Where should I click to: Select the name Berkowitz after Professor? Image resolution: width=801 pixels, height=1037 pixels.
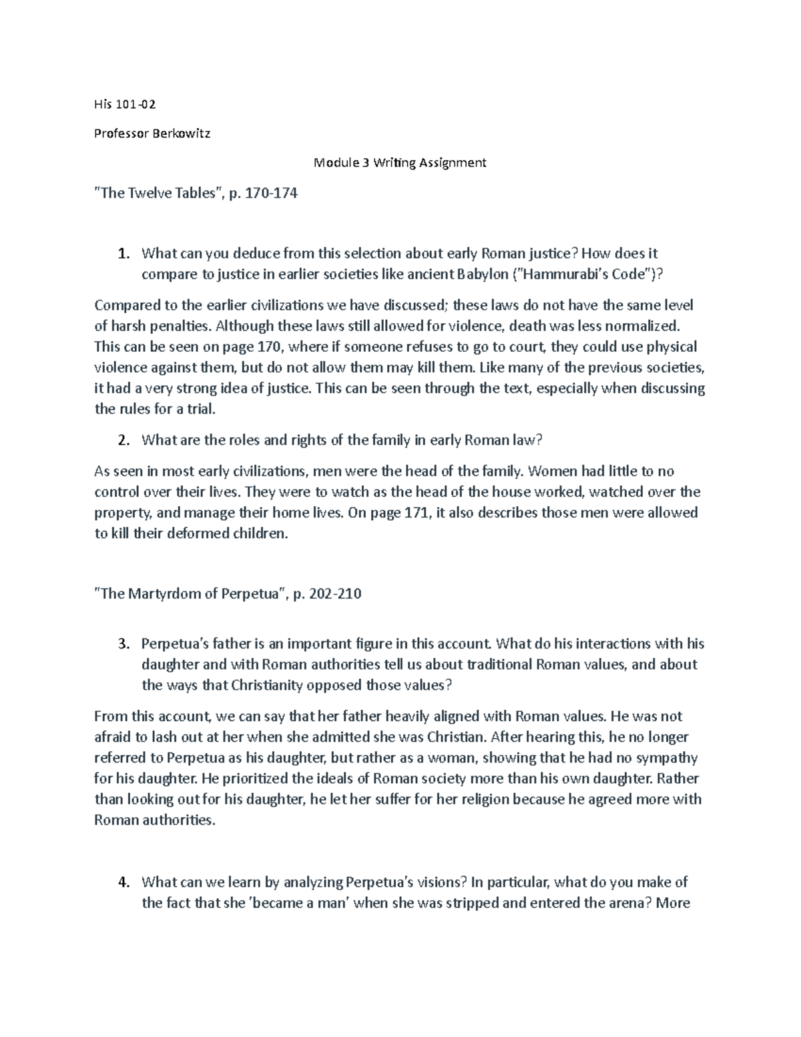tap(180, 133)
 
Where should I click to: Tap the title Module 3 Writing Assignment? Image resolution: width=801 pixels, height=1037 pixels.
tap(400, 162)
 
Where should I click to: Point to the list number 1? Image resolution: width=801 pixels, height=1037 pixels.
tap(122, 254)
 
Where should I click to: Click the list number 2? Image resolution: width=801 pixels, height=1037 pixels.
tap(122, 440)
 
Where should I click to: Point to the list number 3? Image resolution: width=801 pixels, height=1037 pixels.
tap(122, 644)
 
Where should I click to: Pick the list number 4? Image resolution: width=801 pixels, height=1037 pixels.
tap(122, 883)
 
